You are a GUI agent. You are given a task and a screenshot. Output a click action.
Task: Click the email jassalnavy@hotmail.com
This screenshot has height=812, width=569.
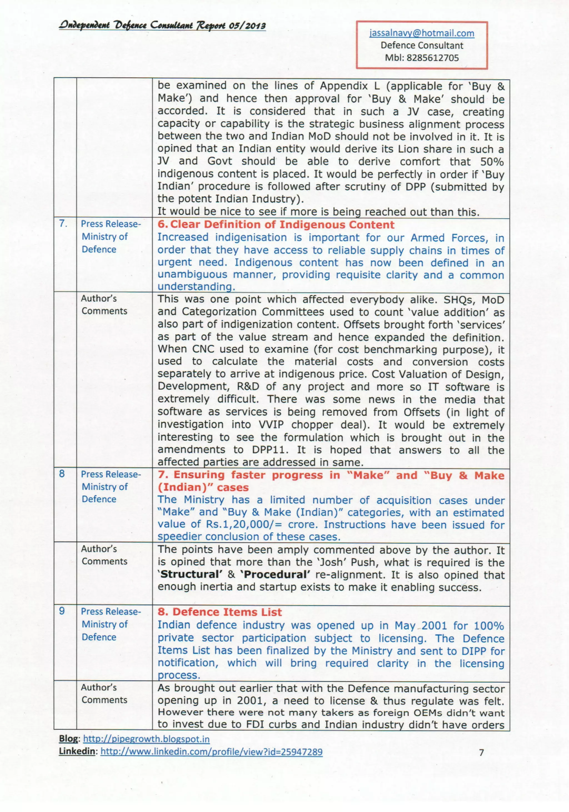(422, 33)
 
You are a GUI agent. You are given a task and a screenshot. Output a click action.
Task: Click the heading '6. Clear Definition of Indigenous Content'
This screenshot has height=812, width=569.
(276, 225)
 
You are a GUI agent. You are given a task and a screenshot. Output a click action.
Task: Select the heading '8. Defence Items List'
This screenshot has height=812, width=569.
(219, 612)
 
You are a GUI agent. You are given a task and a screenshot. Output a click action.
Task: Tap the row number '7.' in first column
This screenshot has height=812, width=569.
(63, 224)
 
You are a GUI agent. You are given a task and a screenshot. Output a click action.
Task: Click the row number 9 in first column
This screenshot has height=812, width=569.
(62, 611)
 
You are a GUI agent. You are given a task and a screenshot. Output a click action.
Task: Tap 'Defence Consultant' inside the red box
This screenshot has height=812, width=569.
(422, 45)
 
